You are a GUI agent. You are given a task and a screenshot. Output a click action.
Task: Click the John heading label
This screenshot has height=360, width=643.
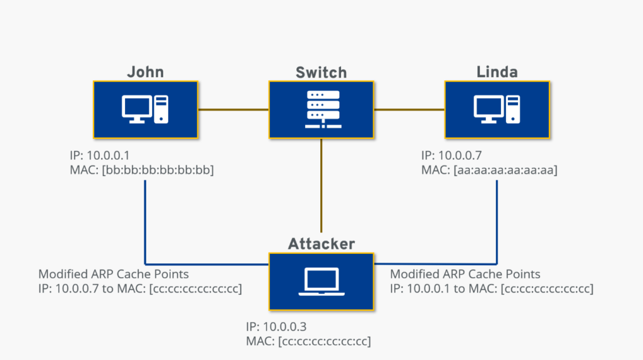145,72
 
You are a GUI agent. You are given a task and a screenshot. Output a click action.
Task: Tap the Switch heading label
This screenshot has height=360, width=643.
321,73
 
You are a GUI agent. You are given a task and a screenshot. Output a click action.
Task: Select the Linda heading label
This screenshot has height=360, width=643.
497,72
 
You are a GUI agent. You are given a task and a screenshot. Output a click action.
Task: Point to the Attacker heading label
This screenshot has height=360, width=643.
321,244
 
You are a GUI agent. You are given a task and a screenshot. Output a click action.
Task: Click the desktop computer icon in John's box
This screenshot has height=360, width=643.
145,109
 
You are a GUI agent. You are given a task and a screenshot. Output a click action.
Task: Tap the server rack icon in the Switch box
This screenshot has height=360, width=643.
323,109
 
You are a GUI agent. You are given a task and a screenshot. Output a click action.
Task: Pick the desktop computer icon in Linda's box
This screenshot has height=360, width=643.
497,109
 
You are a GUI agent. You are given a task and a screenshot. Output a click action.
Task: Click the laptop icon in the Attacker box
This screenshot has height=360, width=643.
321,281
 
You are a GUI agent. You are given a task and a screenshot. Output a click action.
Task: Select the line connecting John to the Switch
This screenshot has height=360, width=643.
234,109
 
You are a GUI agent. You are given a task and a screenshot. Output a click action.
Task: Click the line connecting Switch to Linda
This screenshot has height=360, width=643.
409,109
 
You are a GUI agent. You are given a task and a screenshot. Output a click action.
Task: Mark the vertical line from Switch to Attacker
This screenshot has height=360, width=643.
321,185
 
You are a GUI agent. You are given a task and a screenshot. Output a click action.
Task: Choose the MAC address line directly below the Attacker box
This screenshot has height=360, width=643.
308,341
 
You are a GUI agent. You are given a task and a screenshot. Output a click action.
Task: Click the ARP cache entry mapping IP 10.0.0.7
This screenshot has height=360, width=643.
140,288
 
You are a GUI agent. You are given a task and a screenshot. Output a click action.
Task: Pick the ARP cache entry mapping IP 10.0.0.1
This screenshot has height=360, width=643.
492,288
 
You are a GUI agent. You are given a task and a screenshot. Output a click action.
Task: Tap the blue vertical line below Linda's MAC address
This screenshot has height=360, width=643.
497,222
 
